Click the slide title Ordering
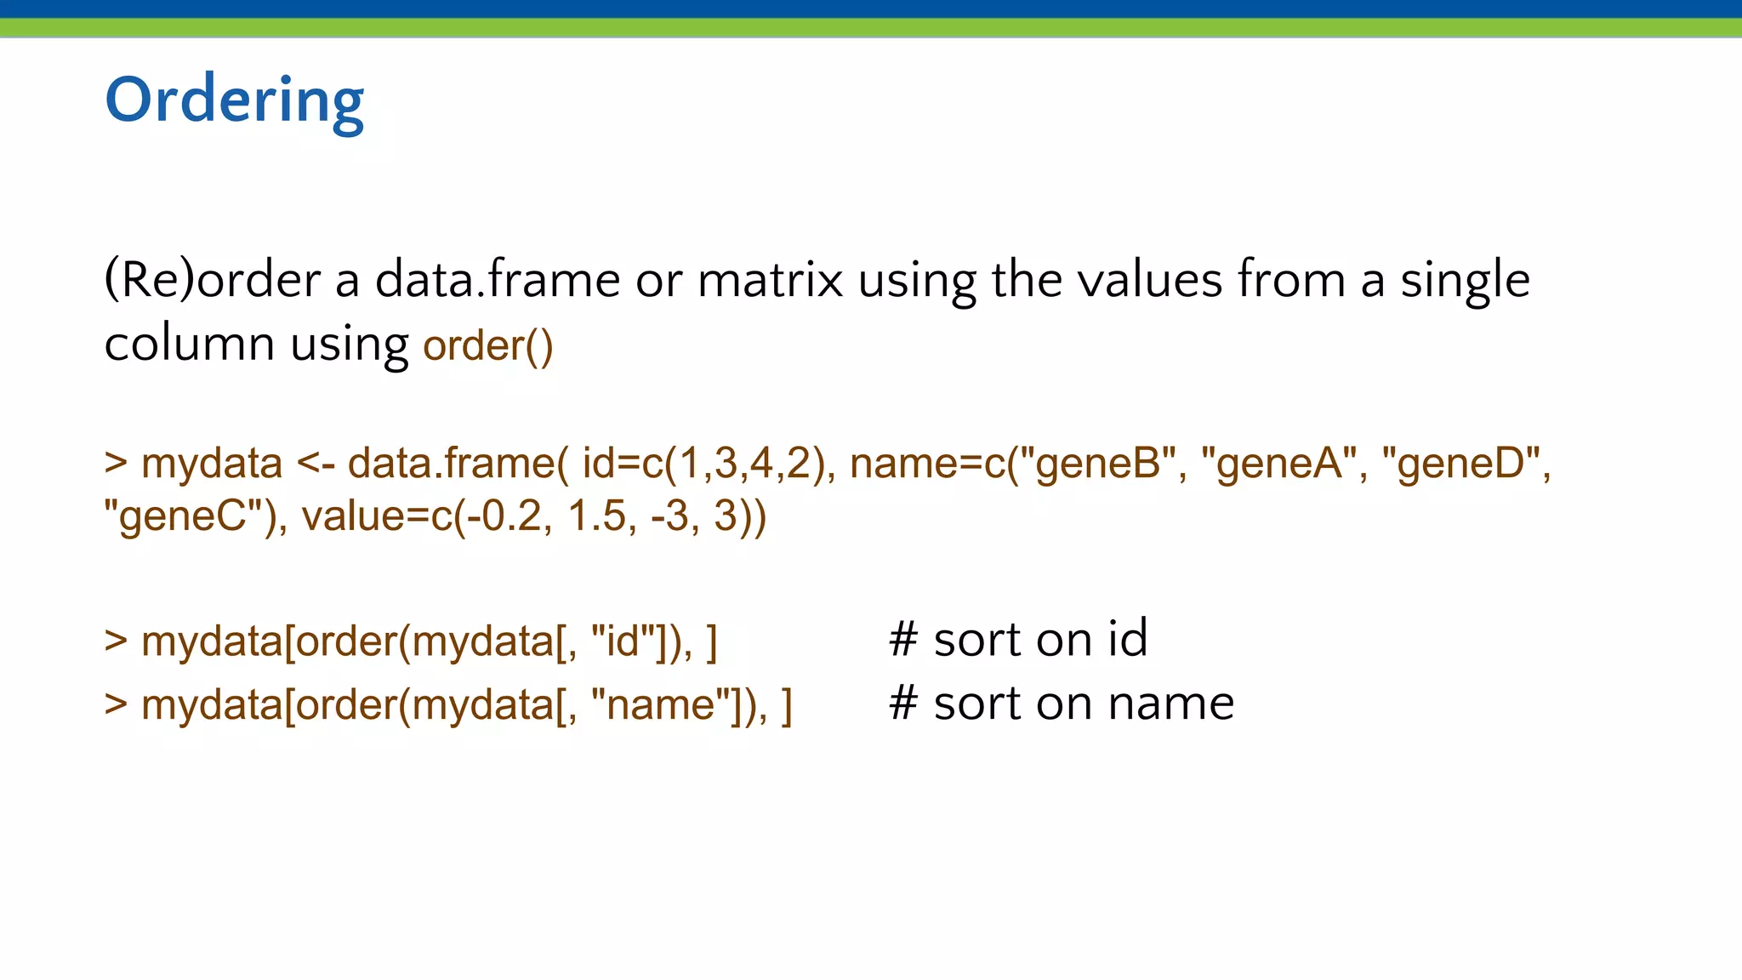pyautogui.click(x=234, y=101)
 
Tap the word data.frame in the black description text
pyautogui.click(x=498, y=280)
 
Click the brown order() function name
pyautogui.click(x=488, y=345)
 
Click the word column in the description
pyautogui.click(x=189, y=345)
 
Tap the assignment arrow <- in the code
pyautogui.click(x=316, y=464)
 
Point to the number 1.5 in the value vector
pyautogui.click(x=596, y=516)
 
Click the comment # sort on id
pyautogui.click(x=1018, y=639)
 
